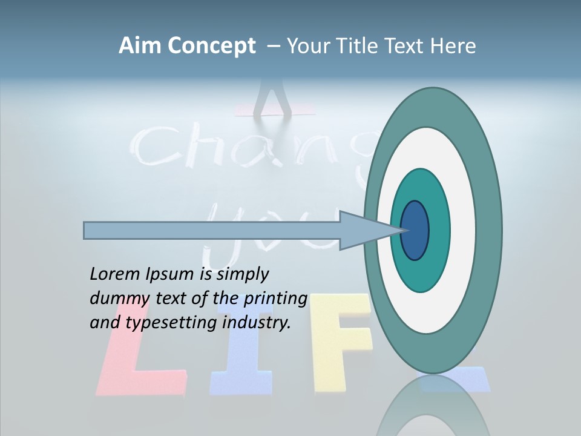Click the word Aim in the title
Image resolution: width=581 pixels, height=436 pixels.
tap(140, 46)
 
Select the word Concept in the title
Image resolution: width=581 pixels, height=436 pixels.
tap(211, 47)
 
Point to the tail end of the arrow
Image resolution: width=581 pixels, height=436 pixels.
tap(85, 230)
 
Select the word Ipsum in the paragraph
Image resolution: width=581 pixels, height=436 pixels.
tap(170, 274)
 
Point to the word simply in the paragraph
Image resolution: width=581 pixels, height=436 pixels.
tap(242, 274)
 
